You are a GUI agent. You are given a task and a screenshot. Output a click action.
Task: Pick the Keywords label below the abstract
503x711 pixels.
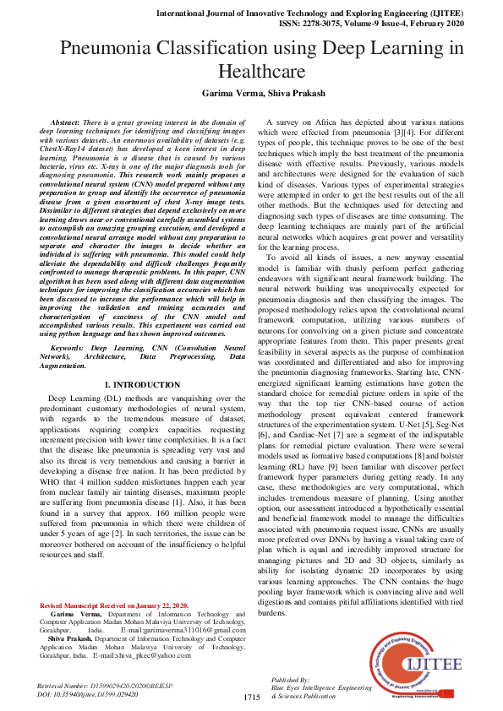pyautogui.click(x=67, y=347)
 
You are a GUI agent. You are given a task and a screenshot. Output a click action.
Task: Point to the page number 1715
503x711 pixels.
pyautogui.click(x=251, y=697)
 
